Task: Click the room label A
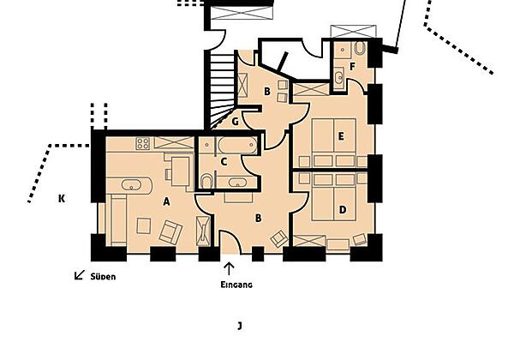tap(166, 201)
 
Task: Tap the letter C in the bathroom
tap(224, 162)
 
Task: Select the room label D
tap(343, 209)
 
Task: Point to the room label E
tap(341, 136)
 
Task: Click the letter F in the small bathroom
tap(352, 67)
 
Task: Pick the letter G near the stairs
tap(235, 122)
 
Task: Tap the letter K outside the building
tap(62, 198)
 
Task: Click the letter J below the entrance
tap(240, 326)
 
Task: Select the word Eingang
tap(236, 285)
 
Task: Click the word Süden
tap(103, 277)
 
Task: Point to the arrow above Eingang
tap(229, 268)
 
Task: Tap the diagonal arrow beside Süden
tap(80, 275)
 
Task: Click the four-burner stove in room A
tap(143, 144)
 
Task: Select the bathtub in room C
tap(237, 145)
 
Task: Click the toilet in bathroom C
tap(206, 182)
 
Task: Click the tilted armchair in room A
tap(170, 232)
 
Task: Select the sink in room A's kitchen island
tap(131, 185)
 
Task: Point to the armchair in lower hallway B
tap(279, 238)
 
